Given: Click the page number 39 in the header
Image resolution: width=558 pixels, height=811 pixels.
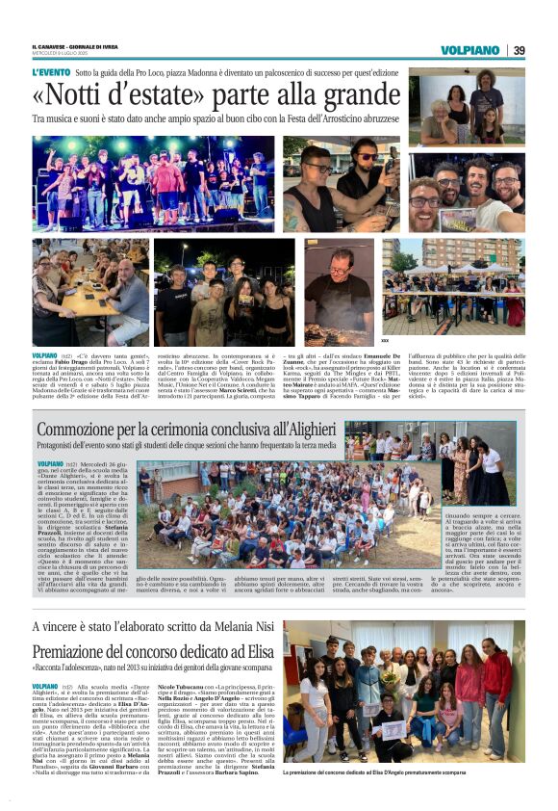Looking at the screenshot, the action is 519,50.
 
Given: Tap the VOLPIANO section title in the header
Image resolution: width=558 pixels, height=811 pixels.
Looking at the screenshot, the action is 469,50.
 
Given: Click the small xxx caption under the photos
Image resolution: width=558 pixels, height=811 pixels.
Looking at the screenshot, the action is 386,340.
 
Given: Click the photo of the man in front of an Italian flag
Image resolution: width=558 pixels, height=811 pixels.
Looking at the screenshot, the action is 339,285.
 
